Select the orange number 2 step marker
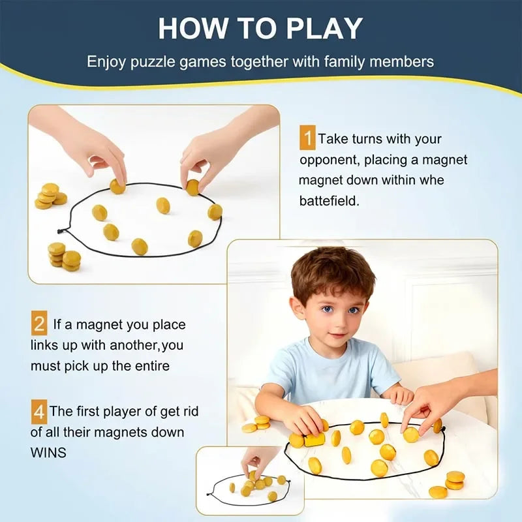(x=39, y=324)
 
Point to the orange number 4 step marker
(x=39, y=412)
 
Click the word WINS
(x=48, y=452)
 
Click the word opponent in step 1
(x=329, y=160)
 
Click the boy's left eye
(x=354, y=310)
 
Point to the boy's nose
(x=339, y=324)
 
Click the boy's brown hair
(x=333, y=271)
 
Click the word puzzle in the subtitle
(x=149, y=63)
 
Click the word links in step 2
(x=46, y=345)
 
